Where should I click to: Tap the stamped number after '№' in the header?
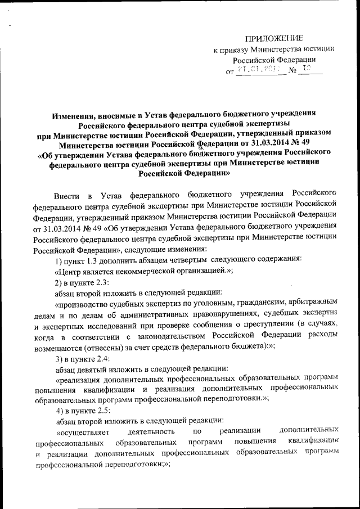coord(307,70)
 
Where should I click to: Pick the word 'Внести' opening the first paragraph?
coord(66,195)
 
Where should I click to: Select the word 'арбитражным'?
coord(313,303)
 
